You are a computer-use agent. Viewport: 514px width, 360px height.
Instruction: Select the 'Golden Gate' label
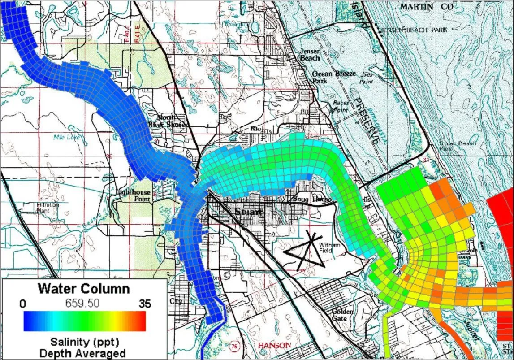(x=343, y=315)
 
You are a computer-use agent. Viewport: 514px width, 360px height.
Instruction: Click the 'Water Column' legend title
(x=84, y=288)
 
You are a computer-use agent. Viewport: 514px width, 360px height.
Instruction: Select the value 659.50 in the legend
(x=84, y=304)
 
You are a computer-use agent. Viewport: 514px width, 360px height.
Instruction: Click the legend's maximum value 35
(x=145, y=304)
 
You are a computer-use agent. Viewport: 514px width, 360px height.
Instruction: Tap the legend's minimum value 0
(x=23, y=304)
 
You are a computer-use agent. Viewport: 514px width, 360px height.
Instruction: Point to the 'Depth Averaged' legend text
(x=84, y=353)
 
